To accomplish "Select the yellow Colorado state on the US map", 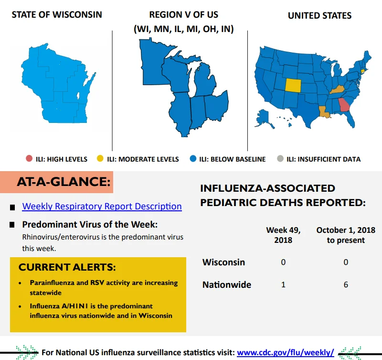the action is coord(293,86).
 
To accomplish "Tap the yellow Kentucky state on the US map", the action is coord(338,90).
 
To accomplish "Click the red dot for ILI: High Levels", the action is coord(29,159).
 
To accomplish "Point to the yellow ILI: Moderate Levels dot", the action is coord(100,159).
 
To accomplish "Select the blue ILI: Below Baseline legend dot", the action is coord(193,159).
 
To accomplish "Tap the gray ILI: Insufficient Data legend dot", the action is coord(280,159).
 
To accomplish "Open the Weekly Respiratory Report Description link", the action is coord(102,207).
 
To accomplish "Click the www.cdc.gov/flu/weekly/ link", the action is coord(285,352).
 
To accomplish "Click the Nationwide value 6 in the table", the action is coord(346,284).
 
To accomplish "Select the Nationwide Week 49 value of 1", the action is coord(283,284).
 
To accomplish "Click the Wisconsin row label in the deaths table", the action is coord(223,262).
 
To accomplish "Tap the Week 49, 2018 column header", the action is coord(283,235).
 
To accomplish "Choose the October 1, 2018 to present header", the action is coord(346,235).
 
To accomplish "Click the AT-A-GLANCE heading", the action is coord(64,182).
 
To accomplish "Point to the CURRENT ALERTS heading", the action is coord(67,267).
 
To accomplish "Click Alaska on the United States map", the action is coord(264,119).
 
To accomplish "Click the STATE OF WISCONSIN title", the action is coord(57,15).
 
